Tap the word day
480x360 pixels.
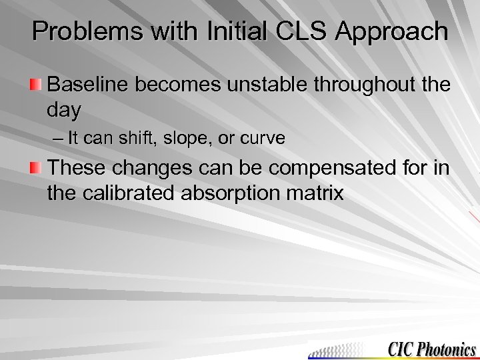(64, 110)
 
